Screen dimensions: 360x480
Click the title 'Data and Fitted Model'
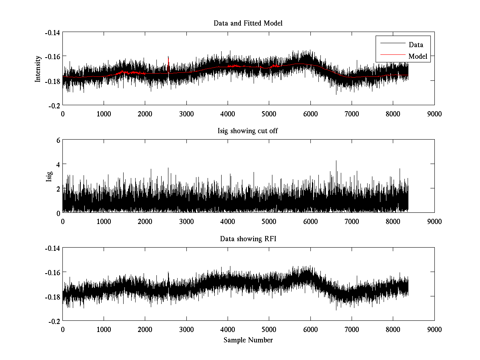248,23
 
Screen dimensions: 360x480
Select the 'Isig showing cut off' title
248,131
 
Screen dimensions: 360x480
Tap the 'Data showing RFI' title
248,239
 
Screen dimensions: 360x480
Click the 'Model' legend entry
418,56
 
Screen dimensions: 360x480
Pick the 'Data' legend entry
416,45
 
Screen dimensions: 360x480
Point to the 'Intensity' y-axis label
38,68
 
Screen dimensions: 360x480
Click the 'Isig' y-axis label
49,176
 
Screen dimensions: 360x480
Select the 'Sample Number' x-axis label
248,340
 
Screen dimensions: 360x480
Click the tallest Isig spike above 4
336,161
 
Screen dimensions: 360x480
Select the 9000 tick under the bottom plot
434,329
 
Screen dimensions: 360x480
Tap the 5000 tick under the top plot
269,114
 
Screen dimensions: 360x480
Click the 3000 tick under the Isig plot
186,221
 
